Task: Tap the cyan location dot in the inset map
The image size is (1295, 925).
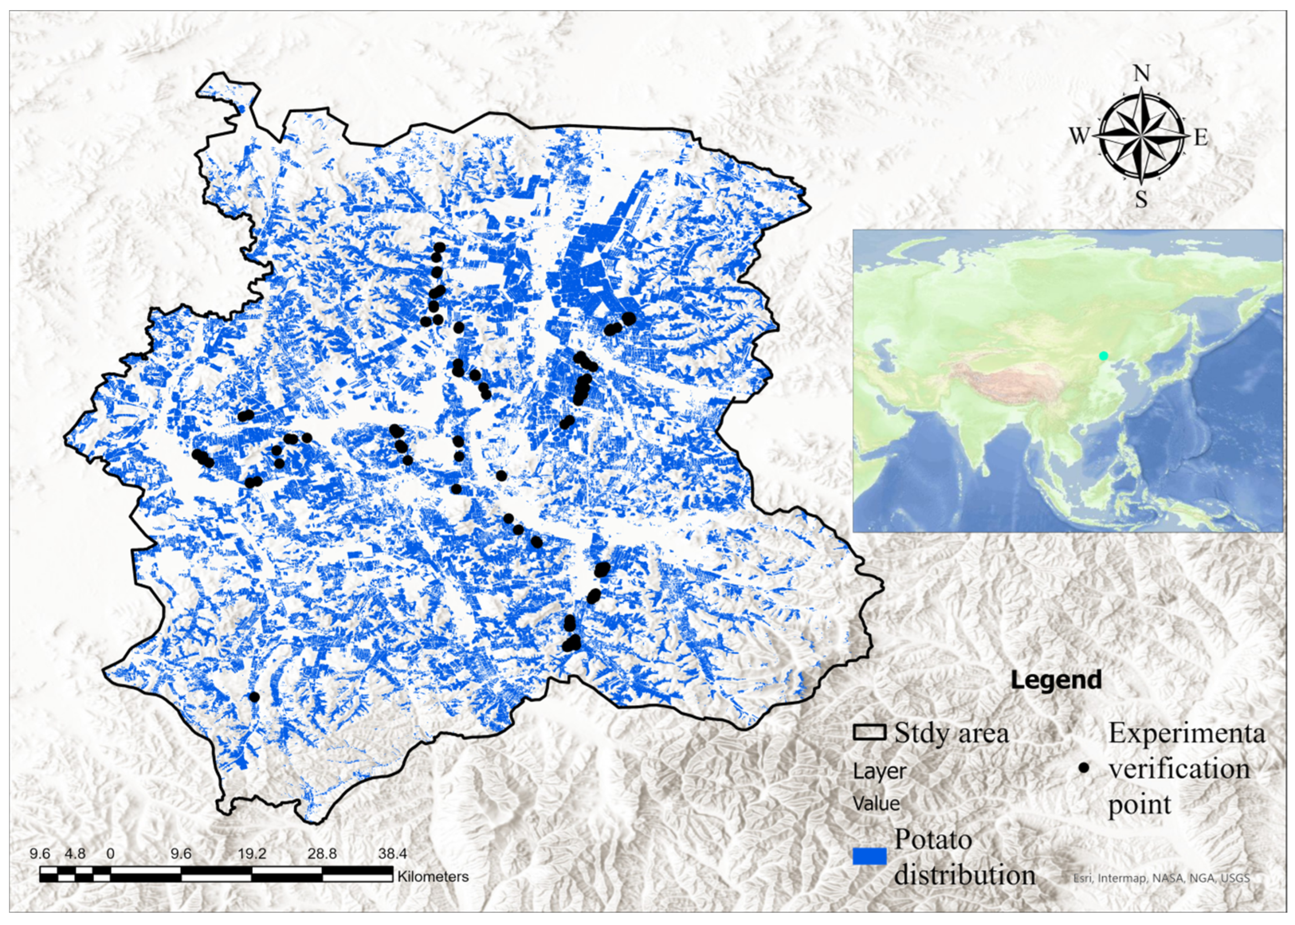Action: coord(1103,355)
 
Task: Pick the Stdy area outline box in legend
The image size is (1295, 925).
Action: coord(869,733)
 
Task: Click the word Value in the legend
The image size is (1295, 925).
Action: coord(876,804)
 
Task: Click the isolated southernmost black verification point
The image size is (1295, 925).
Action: coord(254,697)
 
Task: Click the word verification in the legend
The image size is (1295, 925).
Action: coord(1178,769)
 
